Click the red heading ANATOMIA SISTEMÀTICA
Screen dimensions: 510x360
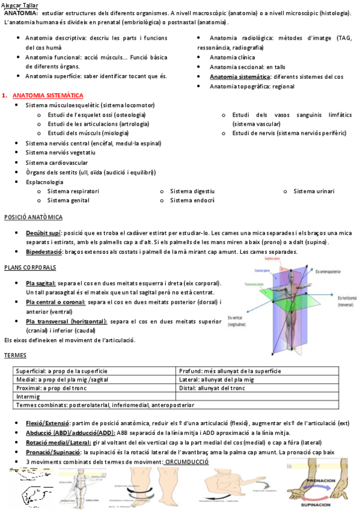[x=47, y=96]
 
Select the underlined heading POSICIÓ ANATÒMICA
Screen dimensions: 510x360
[x=33, y=217]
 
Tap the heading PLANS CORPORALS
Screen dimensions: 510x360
[x=30, y=267]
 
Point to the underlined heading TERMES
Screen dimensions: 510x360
[x=15, y=355]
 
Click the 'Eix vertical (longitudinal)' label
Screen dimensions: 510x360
[x=237, y=320]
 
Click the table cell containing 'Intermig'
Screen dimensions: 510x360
[x=28, y=396]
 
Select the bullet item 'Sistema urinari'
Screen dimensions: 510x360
[x=314, y=191]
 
